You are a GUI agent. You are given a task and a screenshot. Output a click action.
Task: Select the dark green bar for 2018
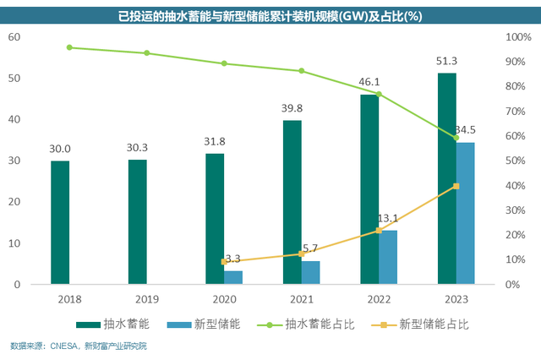click(60, 222)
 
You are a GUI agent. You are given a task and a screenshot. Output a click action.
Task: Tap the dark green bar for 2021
click(292, 202)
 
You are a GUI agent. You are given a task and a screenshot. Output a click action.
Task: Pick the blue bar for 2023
click(465, 213)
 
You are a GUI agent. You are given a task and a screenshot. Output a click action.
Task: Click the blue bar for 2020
click(233, 277)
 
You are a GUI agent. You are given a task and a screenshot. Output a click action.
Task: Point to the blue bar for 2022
click(388, 257)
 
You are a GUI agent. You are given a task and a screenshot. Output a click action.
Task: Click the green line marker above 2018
click(69, 47)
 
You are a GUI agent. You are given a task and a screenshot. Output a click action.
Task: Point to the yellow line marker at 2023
click(456, 186)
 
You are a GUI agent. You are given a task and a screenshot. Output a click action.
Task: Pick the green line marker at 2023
click(456, 138)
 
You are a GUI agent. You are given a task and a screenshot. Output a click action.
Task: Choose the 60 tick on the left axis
click(14, 37)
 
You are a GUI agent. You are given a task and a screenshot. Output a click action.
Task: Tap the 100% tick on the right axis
click(517, 37)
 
